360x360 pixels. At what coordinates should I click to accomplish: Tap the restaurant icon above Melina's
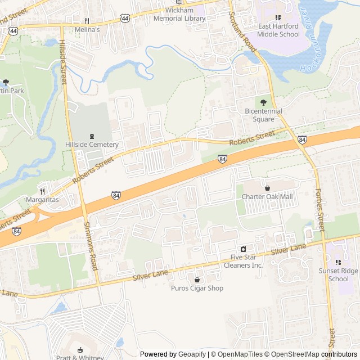click(87, 20)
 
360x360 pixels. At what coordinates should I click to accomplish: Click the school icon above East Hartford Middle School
click(278, 17)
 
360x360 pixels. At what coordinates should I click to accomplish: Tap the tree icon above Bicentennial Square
click(263, 102)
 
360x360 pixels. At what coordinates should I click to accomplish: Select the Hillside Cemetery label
click(92, 145)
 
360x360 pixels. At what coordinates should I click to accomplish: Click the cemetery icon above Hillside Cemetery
click(92, 136)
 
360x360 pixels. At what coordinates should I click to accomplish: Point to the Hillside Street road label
click(63, 62)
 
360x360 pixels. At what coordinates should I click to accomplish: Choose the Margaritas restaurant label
click(42, 200)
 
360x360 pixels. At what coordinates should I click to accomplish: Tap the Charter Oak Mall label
click(267, 197)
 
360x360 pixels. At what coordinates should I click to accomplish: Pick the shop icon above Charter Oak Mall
click(267, 188)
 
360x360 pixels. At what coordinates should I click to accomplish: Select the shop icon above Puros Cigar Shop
click(197, 280)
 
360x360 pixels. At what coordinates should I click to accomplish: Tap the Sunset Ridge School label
click(338, 274)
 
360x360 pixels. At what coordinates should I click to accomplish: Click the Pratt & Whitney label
click(80, 357)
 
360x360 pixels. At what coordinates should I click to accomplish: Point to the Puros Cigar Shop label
click(197, 289)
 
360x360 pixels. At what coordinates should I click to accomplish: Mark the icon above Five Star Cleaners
click(243, 249)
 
